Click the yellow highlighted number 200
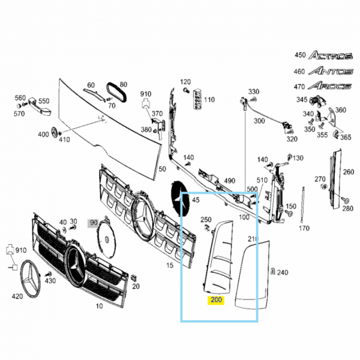pyautogui.click(x=216, y=299)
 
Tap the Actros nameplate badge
pyautogui.click(x=331, y=55)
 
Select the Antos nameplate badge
pyautogui.click(x=331, y=71)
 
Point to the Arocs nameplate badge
pyautogui.click(x=329, y=86)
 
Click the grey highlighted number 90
pyautogui.click(x=94, y=223)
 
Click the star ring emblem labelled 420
pyautogui.click(x=31, y=278)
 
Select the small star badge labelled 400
pyautogui.click(x=55, y=133)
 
